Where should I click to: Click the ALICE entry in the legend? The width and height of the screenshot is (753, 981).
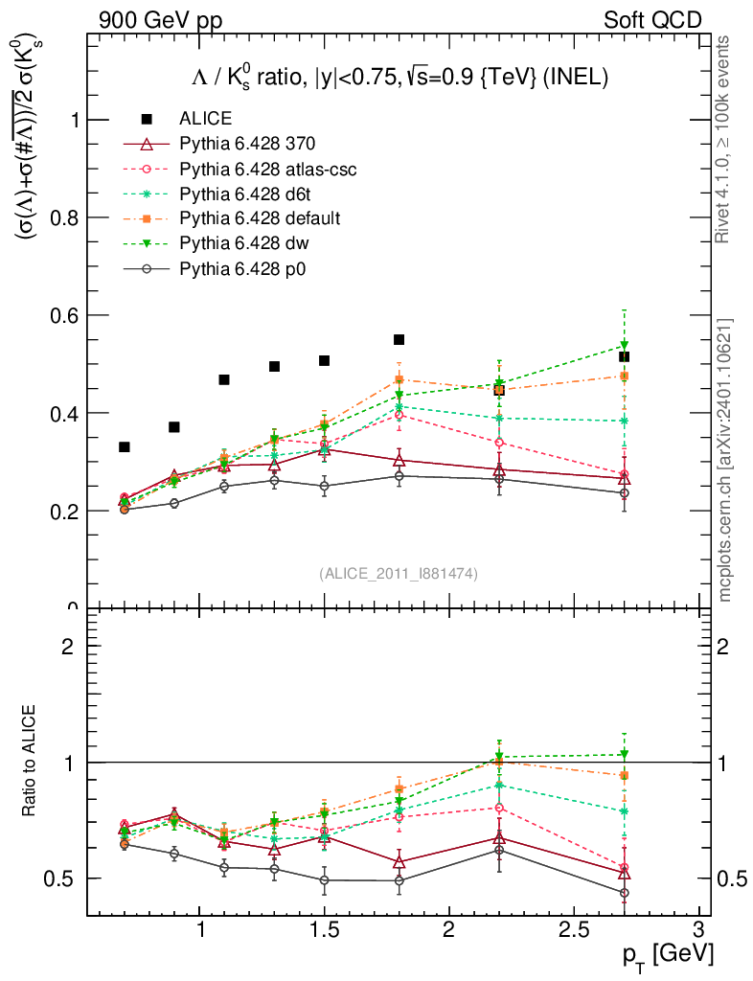coord(205,119)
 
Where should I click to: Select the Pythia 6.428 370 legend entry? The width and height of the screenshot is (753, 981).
coord(247,145)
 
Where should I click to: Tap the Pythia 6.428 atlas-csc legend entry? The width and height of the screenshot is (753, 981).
coord(267,170)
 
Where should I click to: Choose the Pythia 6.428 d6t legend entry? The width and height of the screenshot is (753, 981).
coord(247,194)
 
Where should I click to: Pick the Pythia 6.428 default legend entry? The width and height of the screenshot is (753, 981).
coord(260,219)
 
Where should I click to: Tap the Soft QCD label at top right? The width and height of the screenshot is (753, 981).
coord(652,20)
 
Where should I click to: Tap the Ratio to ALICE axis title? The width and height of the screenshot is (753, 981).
coord(30,762)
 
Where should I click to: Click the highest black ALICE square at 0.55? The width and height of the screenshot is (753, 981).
coord(399,339)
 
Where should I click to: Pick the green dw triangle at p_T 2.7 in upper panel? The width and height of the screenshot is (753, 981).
coord(624,345)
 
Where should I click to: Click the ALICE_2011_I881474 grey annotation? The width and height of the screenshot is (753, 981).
coord(399,573)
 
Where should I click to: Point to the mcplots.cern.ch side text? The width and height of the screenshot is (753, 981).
coord(726,460)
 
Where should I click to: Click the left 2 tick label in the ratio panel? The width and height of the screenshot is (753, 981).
coord(68,645)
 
